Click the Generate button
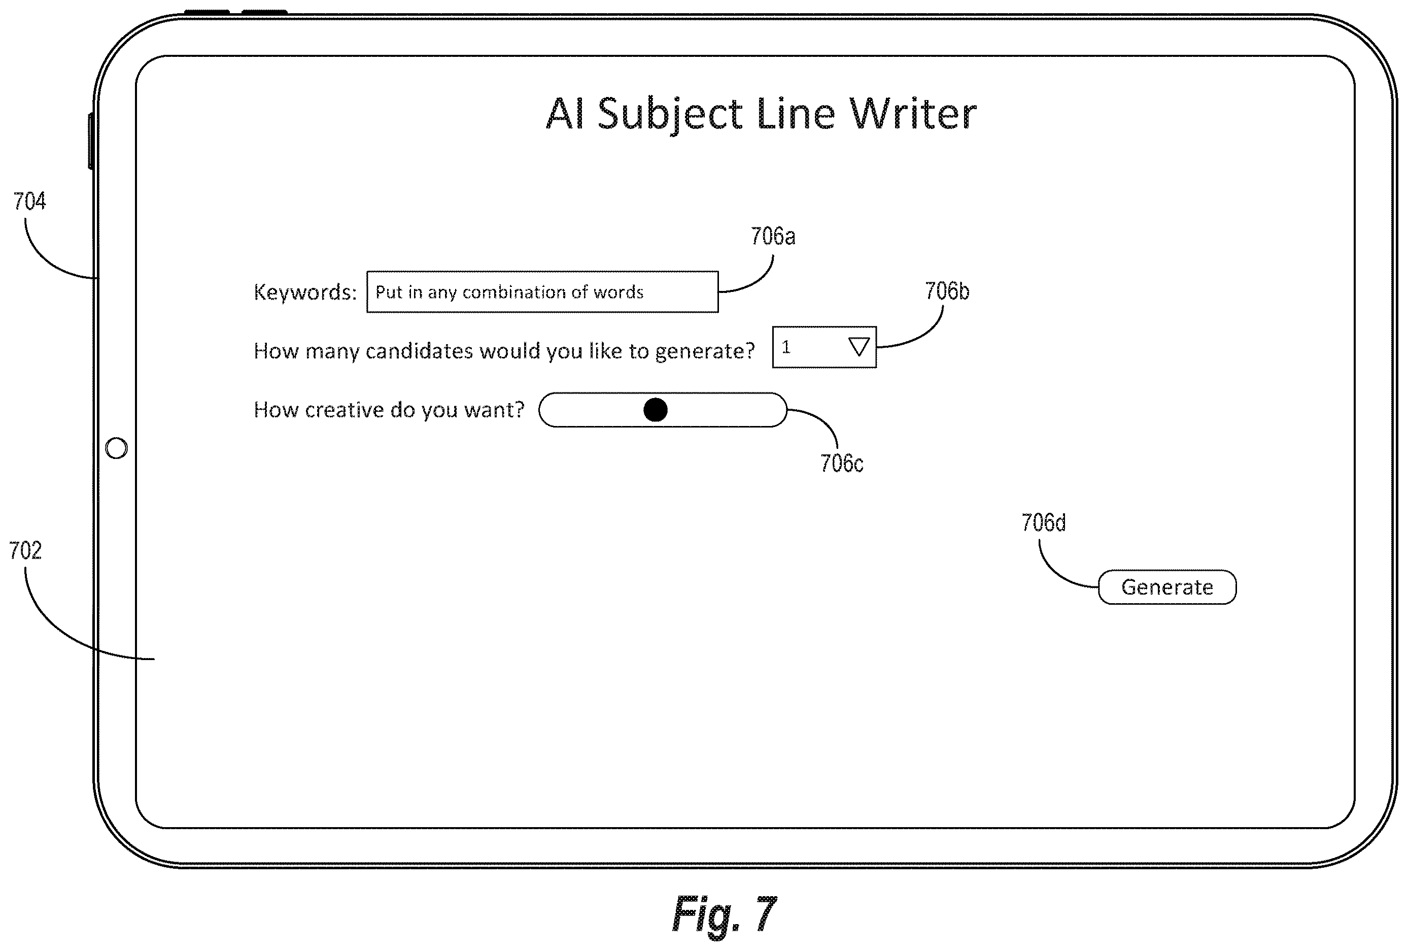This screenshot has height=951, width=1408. click(x=1167, y=587)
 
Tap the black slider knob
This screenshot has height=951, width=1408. click(x=655, y=410)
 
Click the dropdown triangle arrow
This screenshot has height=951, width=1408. click(x=858, y=347)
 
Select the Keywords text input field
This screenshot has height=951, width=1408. click(x=542, y=291)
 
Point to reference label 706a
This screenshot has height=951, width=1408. click(x=772, y=236)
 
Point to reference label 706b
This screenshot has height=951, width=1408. click(x=946, y=291)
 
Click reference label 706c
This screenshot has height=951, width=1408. click(x=842, y=463)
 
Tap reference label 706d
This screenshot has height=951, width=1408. click(x=1043, y=522)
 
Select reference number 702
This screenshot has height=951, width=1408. click(x=25, y=550)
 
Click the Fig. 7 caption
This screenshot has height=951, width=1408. click(x=724, y=914)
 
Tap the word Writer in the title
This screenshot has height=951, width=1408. click(x=912, y=113)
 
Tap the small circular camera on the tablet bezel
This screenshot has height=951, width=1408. click(x=116, y=448)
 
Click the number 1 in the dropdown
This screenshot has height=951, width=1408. click(x=786, y=347)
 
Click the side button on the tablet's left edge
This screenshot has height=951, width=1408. click(x=91, y=141)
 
